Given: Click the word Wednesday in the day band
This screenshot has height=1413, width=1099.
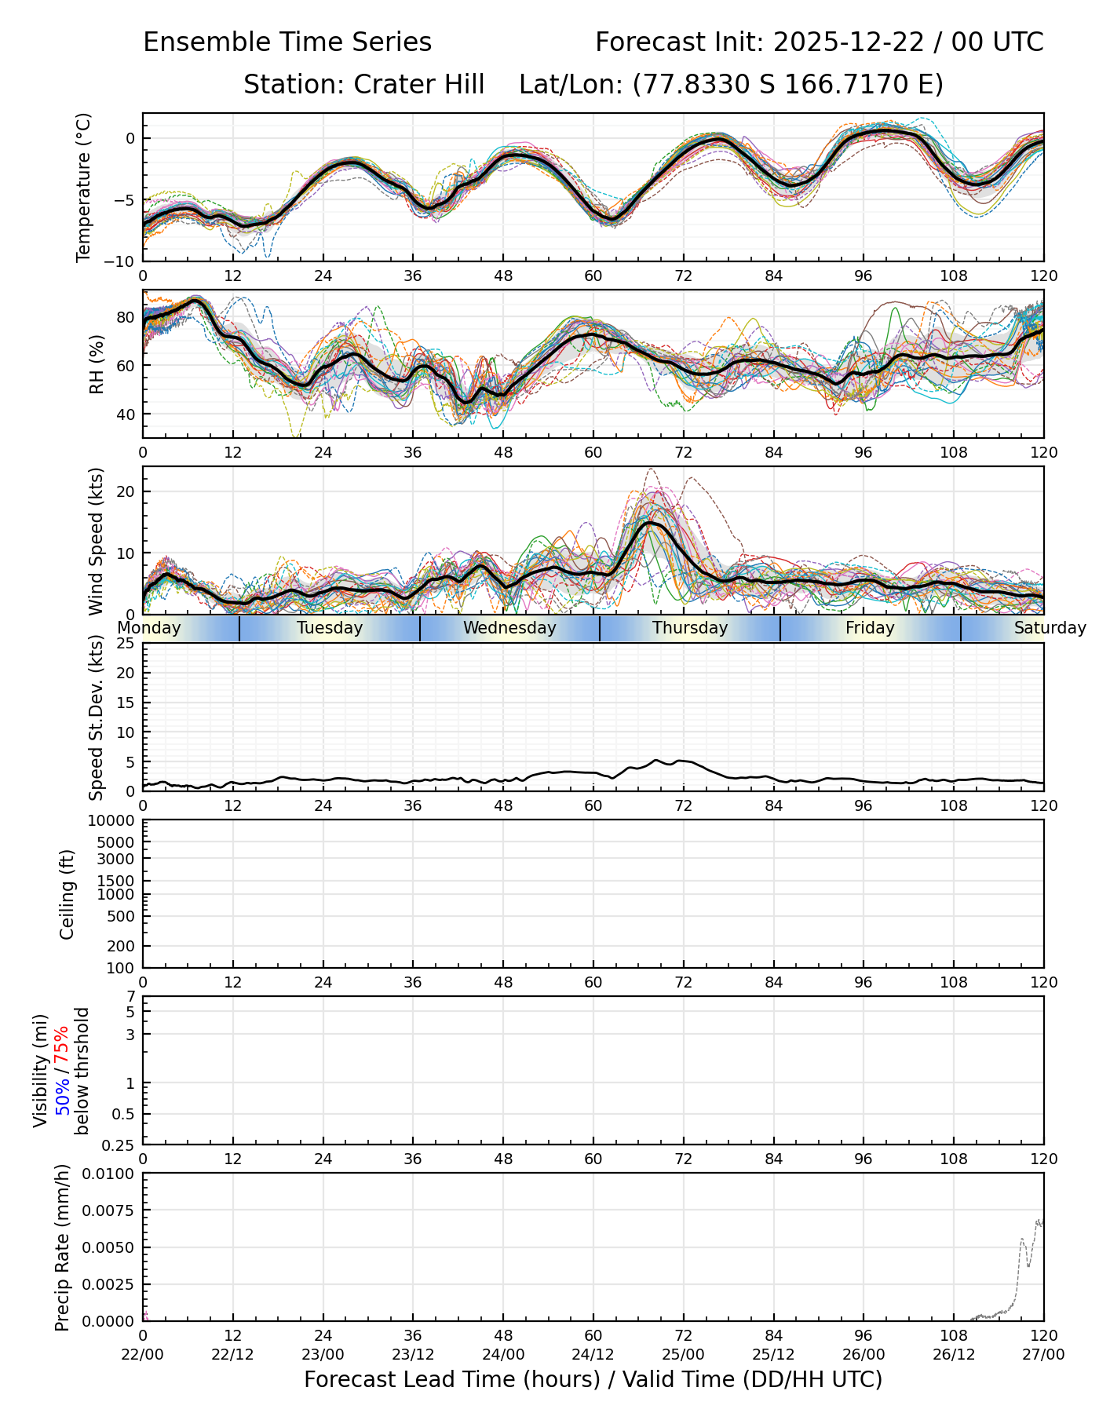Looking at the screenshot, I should coord(509,628).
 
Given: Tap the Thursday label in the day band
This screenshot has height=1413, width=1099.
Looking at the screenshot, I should coord(690,628).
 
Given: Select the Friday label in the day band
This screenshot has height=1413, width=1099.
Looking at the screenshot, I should coord(870,628).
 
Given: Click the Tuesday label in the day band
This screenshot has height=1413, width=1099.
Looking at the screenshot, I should coord(330,628).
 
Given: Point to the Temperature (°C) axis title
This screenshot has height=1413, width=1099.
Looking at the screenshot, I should coord(84,187).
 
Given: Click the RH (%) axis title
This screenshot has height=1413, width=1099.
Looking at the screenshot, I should coord(97,363).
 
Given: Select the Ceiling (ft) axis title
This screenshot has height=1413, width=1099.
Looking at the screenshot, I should coord(68,894).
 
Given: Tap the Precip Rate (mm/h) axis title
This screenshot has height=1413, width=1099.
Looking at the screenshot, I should coord(63,1247).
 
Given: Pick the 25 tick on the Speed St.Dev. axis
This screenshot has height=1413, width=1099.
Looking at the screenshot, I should coord(125,644).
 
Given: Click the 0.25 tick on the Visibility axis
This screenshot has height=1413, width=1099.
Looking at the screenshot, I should coord(120,1145).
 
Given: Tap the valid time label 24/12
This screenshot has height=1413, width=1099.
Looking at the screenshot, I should coord(593,1355).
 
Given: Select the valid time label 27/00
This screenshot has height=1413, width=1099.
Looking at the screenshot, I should coord(1043,1355).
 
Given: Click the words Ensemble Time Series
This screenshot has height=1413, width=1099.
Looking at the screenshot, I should coord(287,42).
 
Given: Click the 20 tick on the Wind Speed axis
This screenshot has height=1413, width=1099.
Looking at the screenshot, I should coord(125,492).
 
